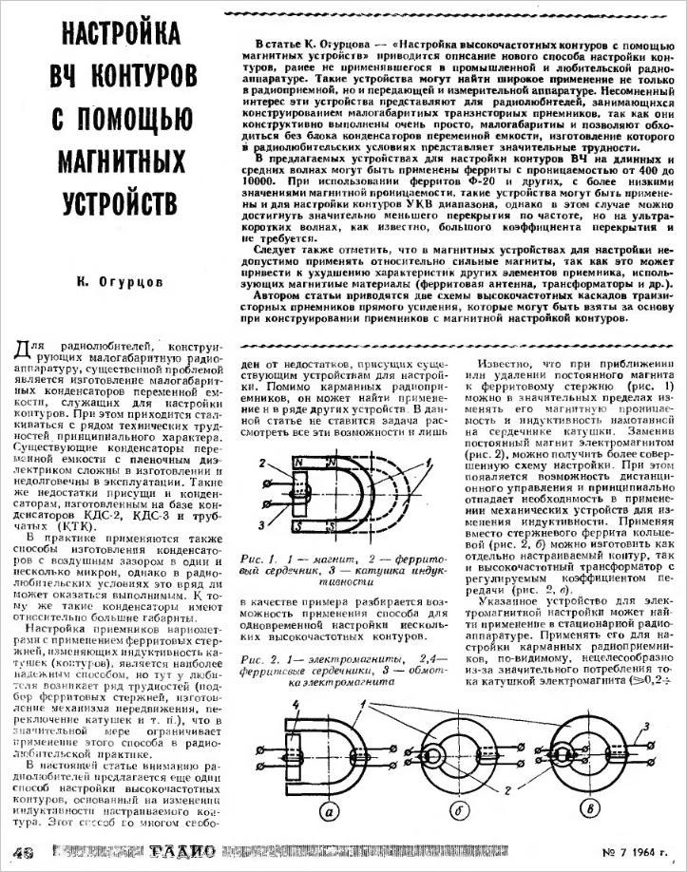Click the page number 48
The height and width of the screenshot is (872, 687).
(19, 851)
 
